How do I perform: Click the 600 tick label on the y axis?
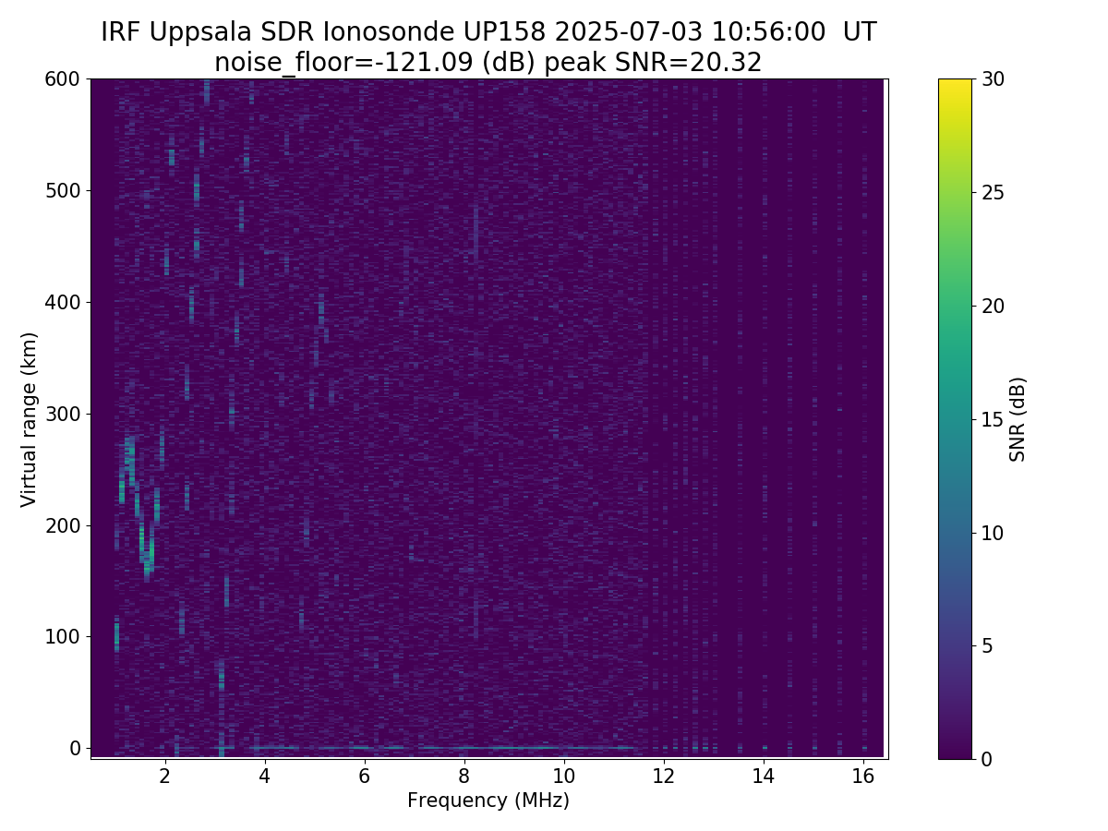pyautogui.click(x=62, y=79)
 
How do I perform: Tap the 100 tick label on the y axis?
pyautogui.click(x=62, y=637)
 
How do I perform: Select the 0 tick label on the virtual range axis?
pyautogui.click(x=75, y=748)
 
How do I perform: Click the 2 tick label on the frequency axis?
pyautogui.click(x=164, y=776)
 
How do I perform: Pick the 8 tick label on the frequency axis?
pyautogui.click(x=464, y=776)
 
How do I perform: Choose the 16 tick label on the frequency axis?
pyautogui.click(x=863, y=776)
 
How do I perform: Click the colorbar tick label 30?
pyautogui.click(x=993, y=79)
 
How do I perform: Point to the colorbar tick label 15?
pyautogui.click(x=993, y=419)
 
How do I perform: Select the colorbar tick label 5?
pyautogui.click(x=987, y=645)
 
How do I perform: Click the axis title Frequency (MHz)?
pyautogui.click(x=488, y=801)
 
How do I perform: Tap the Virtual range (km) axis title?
pyautogui.click(x=29, y=420)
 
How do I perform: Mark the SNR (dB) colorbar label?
pyautogui.click(x=1018, y=420)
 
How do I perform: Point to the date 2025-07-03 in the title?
pyautogui.click(x=629, y=31)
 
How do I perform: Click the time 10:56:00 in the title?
pyautogui.click(x=768, y=31)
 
